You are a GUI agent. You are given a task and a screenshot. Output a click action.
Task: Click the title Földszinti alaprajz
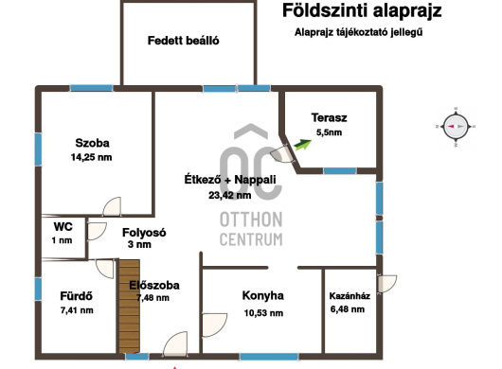362,10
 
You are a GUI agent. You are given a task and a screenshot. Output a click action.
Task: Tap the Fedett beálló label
184,41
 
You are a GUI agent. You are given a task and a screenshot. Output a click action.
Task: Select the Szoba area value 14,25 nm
92,157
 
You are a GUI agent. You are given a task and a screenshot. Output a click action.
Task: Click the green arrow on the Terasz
302,145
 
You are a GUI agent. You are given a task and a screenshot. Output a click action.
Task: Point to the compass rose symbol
456,127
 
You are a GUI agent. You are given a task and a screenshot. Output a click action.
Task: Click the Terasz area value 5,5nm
329,132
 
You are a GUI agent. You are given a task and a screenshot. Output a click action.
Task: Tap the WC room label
63,227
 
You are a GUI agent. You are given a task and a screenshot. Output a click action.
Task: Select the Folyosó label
144,233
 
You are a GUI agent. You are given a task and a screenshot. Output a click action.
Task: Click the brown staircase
130,307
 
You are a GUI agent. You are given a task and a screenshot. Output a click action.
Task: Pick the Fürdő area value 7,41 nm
77,310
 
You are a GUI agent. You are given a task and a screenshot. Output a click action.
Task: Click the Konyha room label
263,295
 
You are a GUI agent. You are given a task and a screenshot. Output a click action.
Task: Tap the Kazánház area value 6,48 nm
348,309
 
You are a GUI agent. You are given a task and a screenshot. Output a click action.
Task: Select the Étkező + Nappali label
230,180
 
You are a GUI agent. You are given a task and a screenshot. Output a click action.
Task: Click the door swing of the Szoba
112,206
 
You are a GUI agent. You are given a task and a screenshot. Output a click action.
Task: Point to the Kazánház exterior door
387,284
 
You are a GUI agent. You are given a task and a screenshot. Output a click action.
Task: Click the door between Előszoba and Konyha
214,325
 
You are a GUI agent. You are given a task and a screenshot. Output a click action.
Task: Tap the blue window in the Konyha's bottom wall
269,357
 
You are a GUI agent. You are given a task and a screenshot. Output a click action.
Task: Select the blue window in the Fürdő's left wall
38,290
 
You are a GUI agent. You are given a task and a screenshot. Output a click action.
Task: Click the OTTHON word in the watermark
251,220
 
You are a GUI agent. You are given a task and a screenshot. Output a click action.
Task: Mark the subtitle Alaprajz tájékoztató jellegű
359,32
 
